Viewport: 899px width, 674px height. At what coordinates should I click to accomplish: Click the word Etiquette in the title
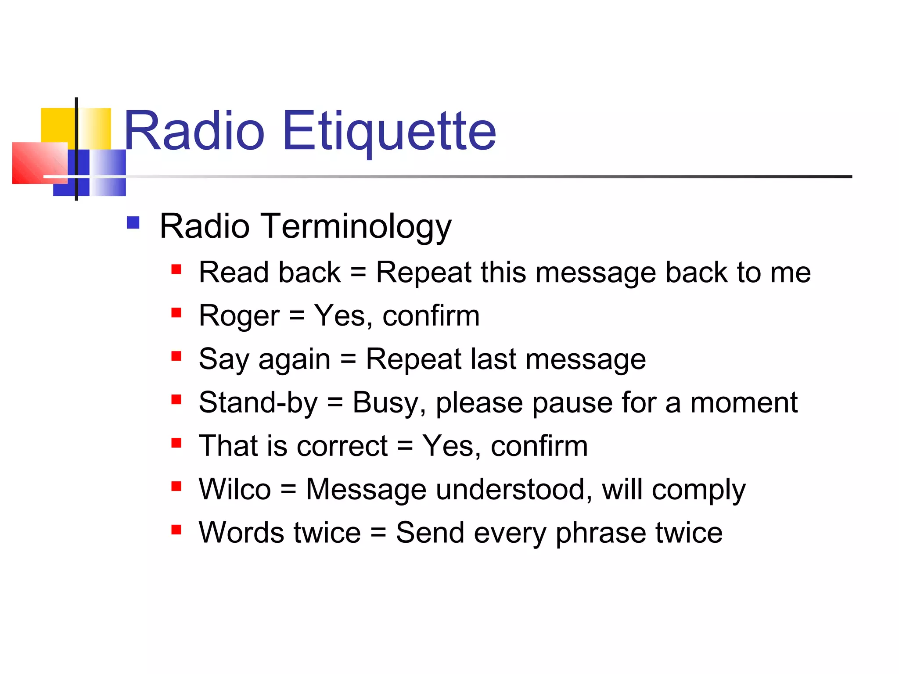pos(389,131)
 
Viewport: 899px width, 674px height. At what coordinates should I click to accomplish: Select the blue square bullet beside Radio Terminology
pos(133,223)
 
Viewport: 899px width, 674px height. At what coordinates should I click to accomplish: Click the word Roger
pos(239,316)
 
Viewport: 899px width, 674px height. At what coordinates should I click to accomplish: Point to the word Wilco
pos(234,489)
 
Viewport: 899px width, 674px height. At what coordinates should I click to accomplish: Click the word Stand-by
pos(258,403)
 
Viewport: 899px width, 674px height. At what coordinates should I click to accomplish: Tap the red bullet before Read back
pos(176,269)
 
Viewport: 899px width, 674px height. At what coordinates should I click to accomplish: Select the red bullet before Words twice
pos(176,530)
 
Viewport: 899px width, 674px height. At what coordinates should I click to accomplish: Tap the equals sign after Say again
pos(348,359)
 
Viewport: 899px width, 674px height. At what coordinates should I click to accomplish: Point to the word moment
pos(744,403)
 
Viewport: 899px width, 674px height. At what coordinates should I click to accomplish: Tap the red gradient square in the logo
pos(37,162)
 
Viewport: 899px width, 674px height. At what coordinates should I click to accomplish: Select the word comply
pos(698,490)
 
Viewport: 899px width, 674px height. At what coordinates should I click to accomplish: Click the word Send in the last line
pos(430,533)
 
